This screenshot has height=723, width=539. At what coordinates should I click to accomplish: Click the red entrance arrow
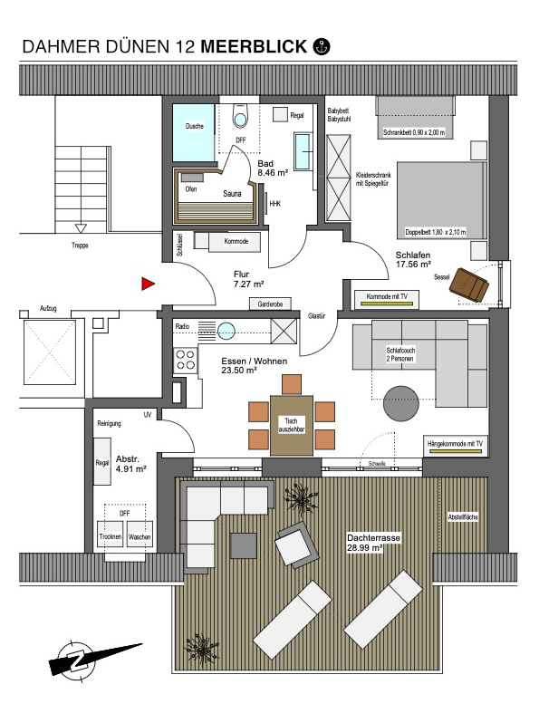(x=147, y=284)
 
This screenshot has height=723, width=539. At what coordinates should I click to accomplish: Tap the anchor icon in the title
(x=322, y=46)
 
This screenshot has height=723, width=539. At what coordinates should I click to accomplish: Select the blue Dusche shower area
(x=194, y=133)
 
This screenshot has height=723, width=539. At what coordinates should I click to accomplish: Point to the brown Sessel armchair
(x=469, y=284)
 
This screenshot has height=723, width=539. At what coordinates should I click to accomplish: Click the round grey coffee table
(x=401, y=403)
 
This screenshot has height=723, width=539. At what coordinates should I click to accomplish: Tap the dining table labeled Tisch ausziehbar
(x=292, y=425)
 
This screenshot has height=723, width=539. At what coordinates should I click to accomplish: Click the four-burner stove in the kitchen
(x=186, y=360)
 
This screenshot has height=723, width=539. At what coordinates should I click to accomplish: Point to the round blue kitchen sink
(x=226, y=331)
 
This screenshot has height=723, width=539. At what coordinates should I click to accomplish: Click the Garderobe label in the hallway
(x=270, y=304)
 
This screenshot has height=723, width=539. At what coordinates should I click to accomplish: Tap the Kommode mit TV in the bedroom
(x=387, y=299)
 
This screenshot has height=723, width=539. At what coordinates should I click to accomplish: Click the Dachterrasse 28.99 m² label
(x=373, y=543)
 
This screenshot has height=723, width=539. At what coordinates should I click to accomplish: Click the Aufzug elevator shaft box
(x=49, y=352)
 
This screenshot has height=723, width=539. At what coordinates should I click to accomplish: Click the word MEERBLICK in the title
(x=254, y=46)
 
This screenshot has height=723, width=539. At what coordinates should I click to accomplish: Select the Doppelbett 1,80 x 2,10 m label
(x=436, y=232)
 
